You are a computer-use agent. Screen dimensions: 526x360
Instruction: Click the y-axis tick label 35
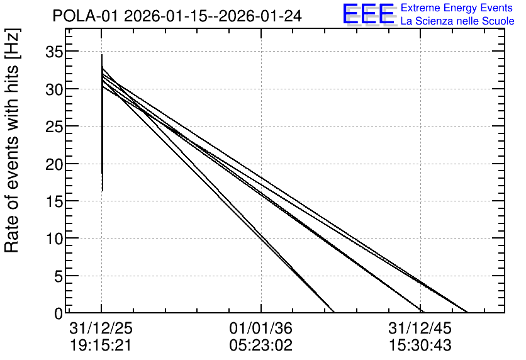click(x=53, y=52)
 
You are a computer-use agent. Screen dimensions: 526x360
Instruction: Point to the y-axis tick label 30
click(x=53, y=89)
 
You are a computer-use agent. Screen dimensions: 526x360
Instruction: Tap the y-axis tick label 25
click(x=53, y=127)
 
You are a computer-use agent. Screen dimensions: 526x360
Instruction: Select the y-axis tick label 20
click(x=53, y=164)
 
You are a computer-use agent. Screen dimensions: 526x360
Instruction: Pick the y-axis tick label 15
click(x=53, y=201)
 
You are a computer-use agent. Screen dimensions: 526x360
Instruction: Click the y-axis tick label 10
click(x=53, y=239)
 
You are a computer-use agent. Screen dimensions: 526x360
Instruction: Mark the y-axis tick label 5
click(x=59, y=276)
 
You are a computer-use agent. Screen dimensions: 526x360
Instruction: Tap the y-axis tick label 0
click(x=59, y=313)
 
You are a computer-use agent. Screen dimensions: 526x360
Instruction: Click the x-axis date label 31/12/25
click(x=101, y=328)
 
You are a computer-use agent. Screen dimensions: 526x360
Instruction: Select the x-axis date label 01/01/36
click(x=261, y=328)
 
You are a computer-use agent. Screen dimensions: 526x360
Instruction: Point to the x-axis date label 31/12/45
click(x=420, y=328)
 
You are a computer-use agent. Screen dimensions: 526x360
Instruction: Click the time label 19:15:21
click(x=101, y=346)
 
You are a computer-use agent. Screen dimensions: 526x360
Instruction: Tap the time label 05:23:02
click(x=261, y=346)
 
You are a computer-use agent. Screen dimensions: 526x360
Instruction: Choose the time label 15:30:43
click(x=420, y=346)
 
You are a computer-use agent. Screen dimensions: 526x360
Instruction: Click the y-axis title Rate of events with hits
click(x=12, y=140)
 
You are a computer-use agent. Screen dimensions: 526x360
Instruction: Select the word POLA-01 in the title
click(x=86, y=16)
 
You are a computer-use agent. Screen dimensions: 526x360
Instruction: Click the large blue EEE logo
click(x=369, y=14)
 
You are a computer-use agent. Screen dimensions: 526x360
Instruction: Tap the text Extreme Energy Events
click(x=457, y=8)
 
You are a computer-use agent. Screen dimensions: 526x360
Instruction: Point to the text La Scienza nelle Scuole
click(x=457, y=21)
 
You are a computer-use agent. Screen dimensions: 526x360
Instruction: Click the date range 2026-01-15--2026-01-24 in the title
click(x=213, y=16)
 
